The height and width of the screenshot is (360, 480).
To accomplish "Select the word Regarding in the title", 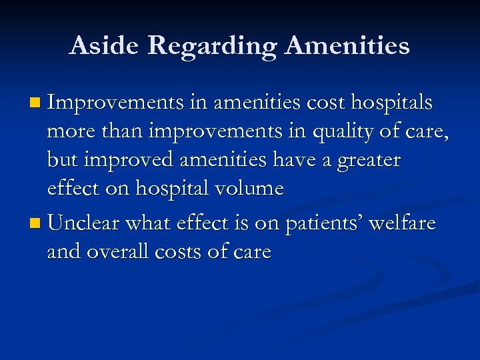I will click(213, 45).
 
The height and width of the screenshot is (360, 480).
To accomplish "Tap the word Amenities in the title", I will click(347, 45).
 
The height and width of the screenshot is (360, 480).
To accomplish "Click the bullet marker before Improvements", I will click(35, 104).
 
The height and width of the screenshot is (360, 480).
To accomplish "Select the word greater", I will click(367, 161).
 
